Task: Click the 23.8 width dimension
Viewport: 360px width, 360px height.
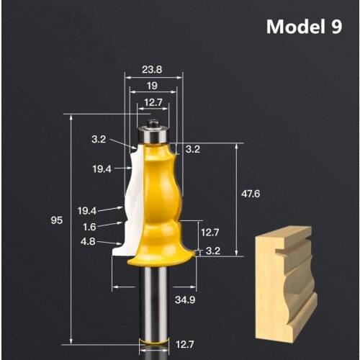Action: pos(152,71)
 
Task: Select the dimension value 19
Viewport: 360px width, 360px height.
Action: pos(153,85)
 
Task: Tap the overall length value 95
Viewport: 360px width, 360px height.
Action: pos(56,221)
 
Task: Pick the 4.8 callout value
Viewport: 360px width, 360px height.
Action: pos(88,242)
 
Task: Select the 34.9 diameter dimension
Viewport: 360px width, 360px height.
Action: pos(186,298)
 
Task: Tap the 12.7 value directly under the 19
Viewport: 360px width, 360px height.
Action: pos(153,102)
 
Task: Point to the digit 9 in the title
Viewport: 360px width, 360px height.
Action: pos(336,27)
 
